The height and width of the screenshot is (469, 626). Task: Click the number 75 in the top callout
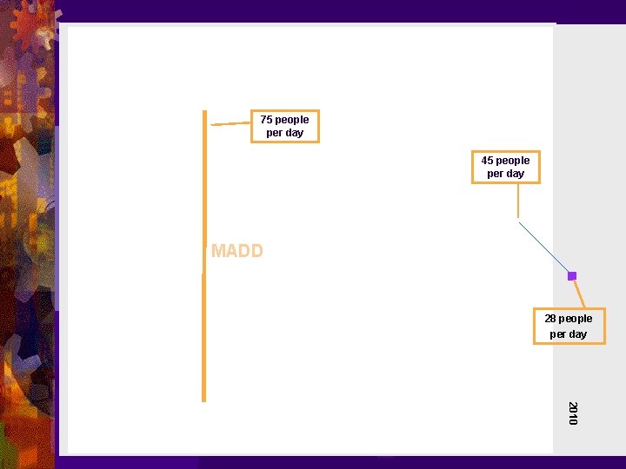click(266, 120)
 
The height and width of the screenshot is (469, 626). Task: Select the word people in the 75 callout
click(291, 120)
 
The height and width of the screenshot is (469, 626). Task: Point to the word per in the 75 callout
click(274, 133)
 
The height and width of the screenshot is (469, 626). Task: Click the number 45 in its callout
click(487, 161)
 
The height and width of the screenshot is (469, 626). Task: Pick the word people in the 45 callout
click(512, 161)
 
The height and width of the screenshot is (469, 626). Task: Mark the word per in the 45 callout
click(495, 174)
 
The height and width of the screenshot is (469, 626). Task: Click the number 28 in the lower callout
click(550, 319)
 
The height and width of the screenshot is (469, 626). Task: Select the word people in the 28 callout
click(576, 319)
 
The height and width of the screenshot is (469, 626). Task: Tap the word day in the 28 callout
click(577, 334)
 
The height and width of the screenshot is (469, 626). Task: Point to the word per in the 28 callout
click(557, 334)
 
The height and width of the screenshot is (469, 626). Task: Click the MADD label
click(236, 252)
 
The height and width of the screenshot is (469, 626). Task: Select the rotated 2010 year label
click(572, 413)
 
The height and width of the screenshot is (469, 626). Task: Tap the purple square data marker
click(572, 276)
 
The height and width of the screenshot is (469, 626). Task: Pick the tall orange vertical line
click(204, 330)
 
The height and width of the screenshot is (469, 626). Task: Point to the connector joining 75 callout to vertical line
click(230, 124)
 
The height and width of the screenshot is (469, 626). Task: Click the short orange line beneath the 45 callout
click(518, 200)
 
